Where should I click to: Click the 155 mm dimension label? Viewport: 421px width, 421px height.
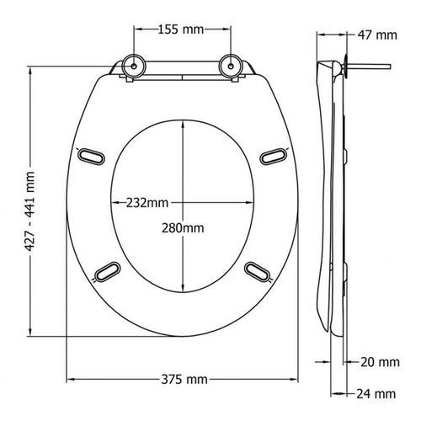pyautogui.click(x=180, y=30)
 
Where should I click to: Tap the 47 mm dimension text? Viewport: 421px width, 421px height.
pyautogui.click(x=377, y=36)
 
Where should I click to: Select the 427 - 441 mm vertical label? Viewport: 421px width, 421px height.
pyautogui.click(x=31, y=200)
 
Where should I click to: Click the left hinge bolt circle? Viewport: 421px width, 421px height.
pyautogui.click(x=132, y=66)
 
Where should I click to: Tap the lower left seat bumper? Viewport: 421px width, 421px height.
pyautogui.click(x=109, y=269)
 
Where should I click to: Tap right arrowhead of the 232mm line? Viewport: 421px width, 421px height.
pyautogui.click(x=254, y=203)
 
